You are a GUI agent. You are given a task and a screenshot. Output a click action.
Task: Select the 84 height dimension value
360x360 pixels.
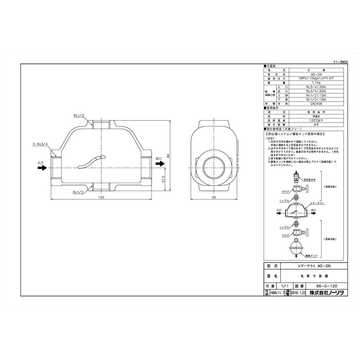click(x=168, y=157)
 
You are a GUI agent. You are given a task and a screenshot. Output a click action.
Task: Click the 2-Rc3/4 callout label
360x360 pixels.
click(x=40, y=143)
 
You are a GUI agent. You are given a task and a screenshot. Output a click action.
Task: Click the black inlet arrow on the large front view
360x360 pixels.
click(x=42, y=168)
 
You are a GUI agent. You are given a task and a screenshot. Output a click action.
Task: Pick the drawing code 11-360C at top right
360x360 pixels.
click(x=340, y=62)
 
